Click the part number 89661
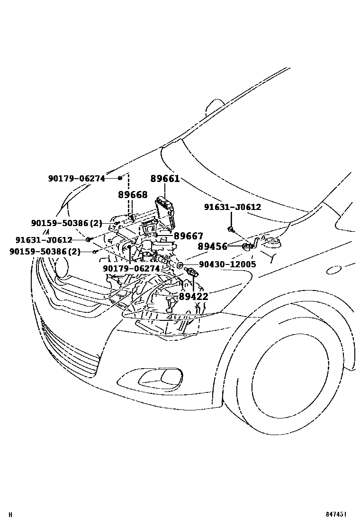[165, 179]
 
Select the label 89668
[133, 195]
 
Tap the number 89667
[189, 236]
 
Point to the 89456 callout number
[212, 247]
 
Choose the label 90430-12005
[227, 264]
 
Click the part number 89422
[193, 297]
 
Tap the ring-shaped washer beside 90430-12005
[180, 265]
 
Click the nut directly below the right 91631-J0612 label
[231, 229]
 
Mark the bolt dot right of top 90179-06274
[119, 178]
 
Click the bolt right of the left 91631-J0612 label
[88, 239]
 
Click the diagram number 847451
[335, 514]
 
